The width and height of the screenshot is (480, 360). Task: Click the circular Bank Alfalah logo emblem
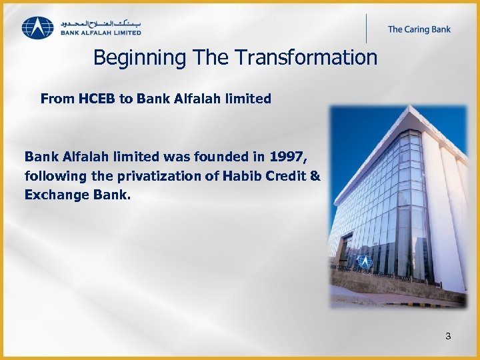point(37,27)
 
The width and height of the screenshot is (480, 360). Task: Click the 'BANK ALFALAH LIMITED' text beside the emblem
point(100,32)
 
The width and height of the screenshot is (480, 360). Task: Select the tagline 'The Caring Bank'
point(419,29)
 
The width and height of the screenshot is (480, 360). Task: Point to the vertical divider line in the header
point(366,28)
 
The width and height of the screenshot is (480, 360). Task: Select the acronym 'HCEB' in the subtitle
point(97,99)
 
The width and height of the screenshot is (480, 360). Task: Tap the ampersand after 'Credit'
point(315,176)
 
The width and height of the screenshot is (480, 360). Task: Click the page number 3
point(448,336)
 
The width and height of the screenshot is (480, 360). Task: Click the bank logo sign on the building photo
point(365,261)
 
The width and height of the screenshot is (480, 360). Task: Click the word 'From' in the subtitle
point(57,99)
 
